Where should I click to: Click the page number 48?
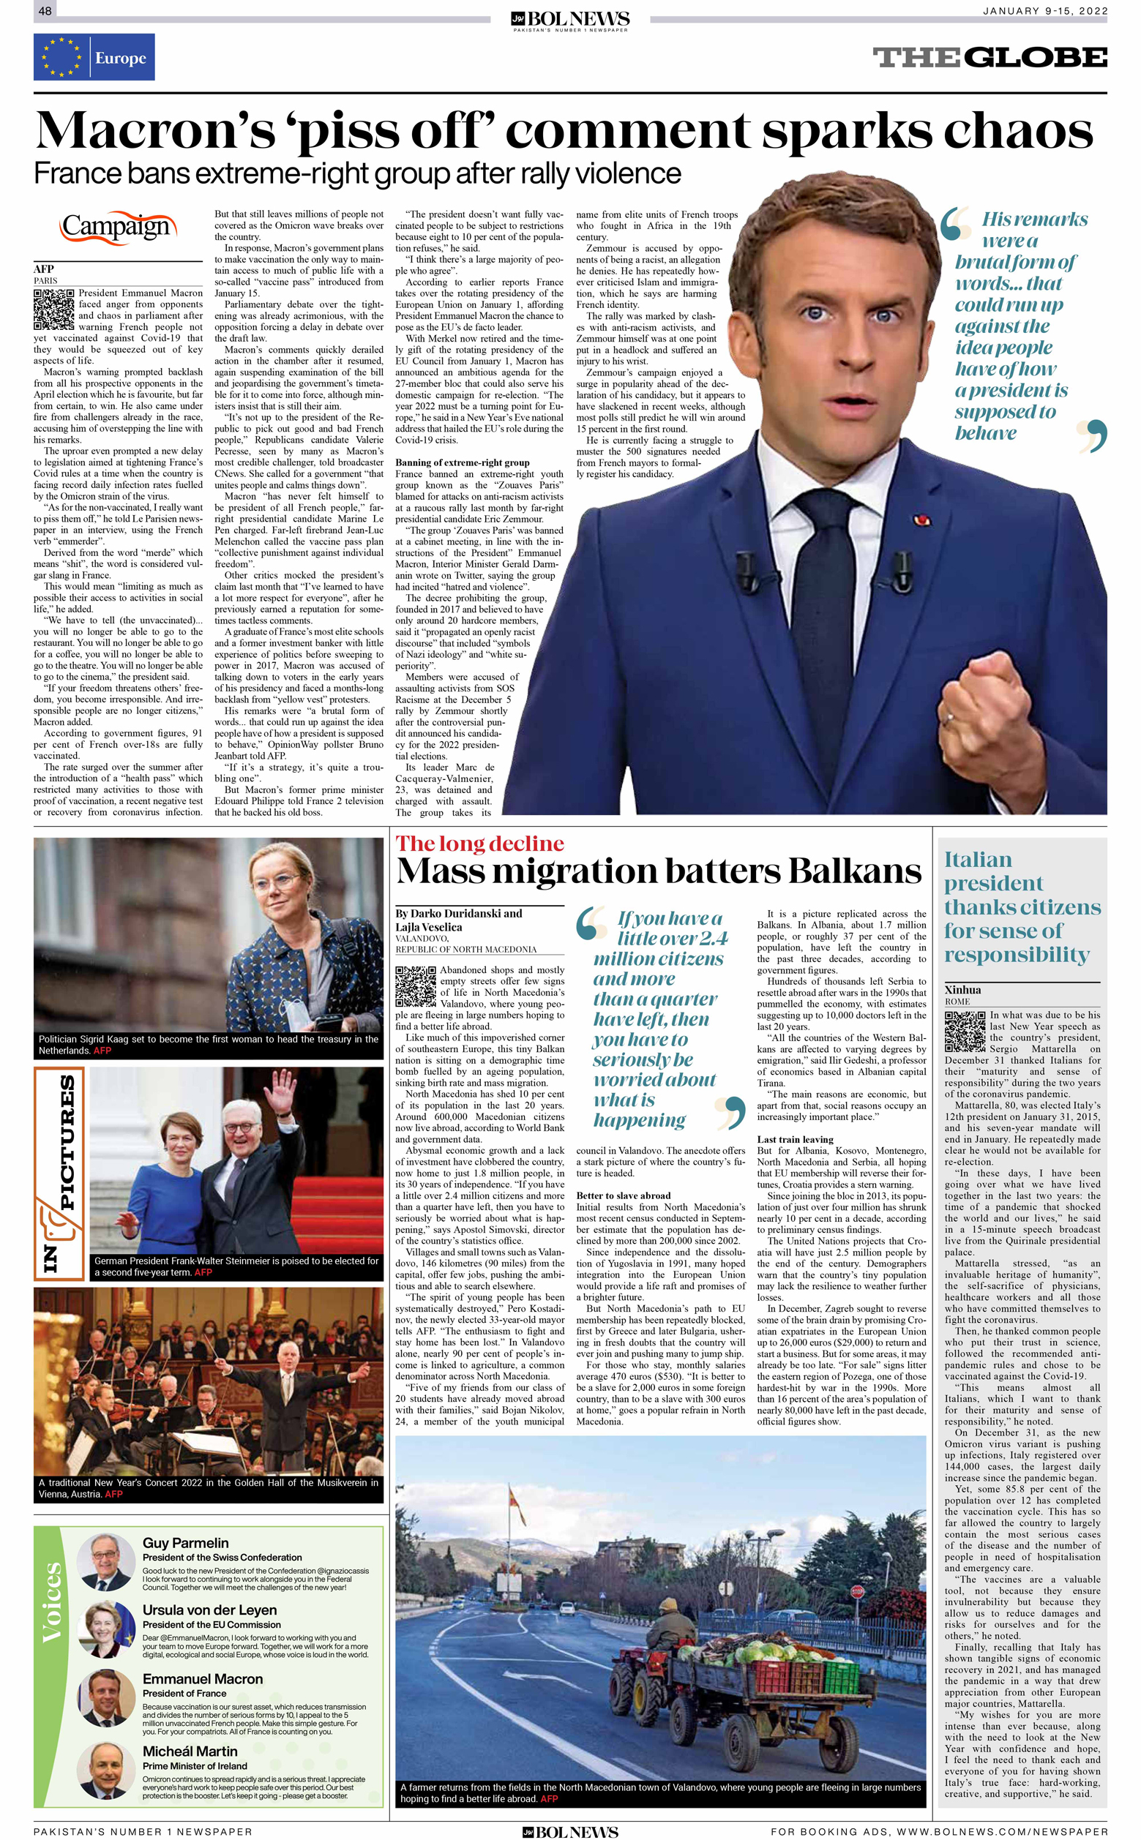45,10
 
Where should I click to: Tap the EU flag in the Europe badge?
62,57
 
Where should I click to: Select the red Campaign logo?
118,227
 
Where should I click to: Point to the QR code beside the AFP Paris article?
53,309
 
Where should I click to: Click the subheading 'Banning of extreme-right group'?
463,462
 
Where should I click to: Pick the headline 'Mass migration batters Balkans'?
658,871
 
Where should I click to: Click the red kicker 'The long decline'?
480,844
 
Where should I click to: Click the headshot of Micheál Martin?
104,1770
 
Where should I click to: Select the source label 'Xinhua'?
963,989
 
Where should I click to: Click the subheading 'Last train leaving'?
795,1139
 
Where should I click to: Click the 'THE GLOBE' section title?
990,57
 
